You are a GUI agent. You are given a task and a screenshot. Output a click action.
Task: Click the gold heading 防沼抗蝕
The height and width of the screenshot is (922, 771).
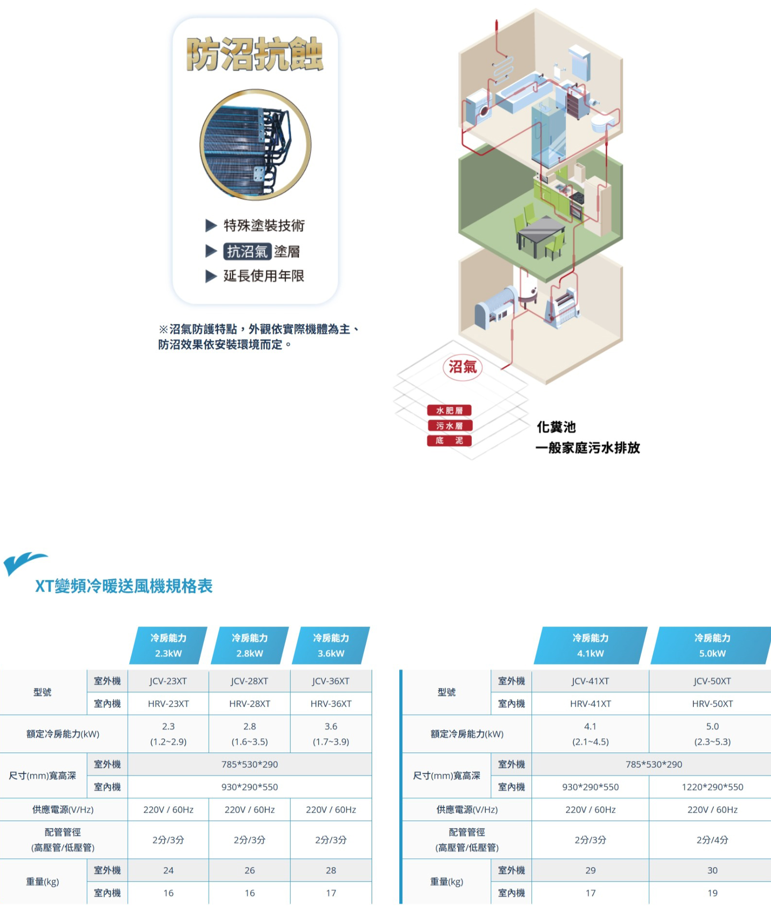[255, 54]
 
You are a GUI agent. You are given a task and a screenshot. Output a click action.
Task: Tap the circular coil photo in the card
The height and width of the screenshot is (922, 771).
[255, 145]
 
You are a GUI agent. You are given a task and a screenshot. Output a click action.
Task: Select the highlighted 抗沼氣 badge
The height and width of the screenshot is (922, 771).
[247, 251]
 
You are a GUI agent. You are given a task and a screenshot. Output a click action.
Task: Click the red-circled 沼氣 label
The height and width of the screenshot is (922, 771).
[462, 367]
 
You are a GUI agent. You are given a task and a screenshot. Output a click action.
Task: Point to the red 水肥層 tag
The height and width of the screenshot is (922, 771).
[449, 410]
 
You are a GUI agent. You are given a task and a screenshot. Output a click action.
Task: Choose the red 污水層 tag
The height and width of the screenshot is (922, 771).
[449, 426]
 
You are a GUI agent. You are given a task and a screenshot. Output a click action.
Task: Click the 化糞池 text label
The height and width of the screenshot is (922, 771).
[556, 427]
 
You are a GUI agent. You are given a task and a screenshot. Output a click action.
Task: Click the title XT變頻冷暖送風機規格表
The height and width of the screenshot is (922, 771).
[124, 586]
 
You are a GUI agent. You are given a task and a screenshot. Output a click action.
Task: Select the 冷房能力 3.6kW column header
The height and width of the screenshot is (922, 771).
[331, 646]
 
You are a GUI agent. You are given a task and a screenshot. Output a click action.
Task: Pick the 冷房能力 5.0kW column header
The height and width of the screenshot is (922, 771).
[712, 646]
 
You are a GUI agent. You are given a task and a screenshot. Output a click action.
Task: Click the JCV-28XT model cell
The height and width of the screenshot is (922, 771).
[249, 681]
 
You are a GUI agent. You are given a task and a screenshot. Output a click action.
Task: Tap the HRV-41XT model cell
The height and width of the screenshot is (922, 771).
[590, 703]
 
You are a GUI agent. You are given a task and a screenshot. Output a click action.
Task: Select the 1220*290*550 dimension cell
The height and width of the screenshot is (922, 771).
[712, 787]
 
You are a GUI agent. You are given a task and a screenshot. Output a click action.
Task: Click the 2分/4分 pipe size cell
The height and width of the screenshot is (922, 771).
[712, 840]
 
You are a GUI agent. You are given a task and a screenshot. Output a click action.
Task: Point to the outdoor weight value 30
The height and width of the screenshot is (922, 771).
[712, 870]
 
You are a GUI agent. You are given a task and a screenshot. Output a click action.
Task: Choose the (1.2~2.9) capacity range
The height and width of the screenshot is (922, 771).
[168, 742]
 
